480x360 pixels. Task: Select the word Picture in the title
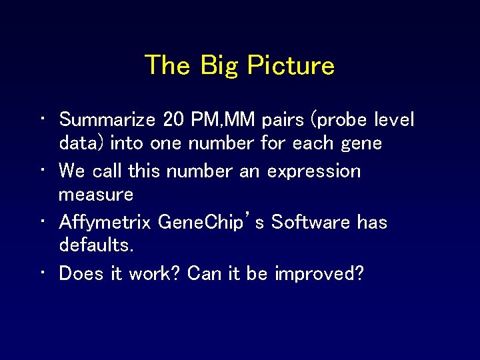(290, 65)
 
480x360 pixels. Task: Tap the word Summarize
(107, 120)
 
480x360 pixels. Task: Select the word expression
(313, 171)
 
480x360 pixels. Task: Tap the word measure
(96, 195)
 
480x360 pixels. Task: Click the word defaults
(97, 245)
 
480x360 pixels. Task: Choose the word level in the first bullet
(394, 120)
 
